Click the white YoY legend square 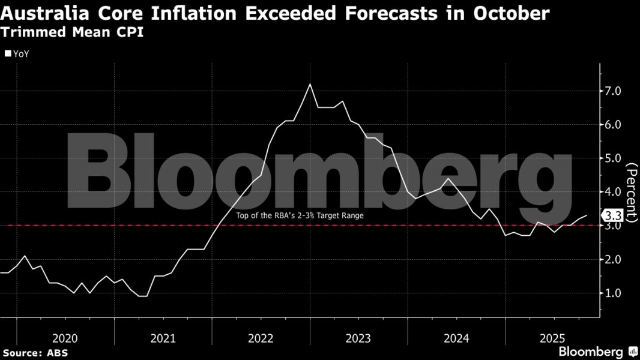[x=8, y=53]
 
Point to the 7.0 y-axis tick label [x=617, y=91]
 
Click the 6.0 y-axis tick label [x=617, y=125]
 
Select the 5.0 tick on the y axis [x=617, y=158]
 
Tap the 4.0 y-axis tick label [x=617, y=192]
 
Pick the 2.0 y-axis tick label [x=617, y=259]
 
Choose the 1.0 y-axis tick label [x=617, y=293]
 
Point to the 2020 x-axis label [x=65, y=338]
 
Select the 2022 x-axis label [x=261, y=338]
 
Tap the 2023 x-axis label [x=358, y=338]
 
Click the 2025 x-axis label [x=554, y=338]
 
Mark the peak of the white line [x=310, y=85]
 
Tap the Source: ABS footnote [x=35, y=353]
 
